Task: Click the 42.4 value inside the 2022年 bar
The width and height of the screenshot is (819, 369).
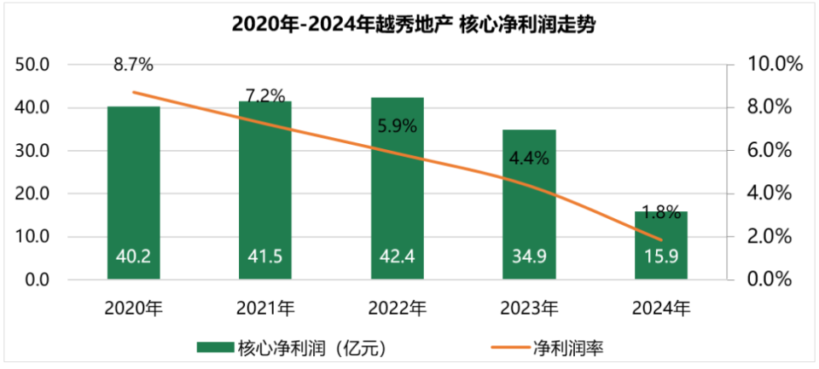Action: click(397, 256)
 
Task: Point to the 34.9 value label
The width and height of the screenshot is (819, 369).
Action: click(528, 256)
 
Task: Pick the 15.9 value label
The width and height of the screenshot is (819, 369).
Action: click(660, 256)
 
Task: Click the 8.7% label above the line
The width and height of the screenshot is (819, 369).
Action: click(133, 64)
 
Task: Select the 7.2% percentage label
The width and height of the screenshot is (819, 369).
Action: click(265, 95)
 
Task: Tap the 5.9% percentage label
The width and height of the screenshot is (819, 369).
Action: click(397, 127)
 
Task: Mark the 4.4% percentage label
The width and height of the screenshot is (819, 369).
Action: click(528, 158)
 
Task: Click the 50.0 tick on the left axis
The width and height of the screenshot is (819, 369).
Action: click(37, 65)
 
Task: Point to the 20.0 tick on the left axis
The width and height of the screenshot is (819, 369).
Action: click(37, 193)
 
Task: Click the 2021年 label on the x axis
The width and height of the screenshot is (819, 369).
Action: click(265, 308)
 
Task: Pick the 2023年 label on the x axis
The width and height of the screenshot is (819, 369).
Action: click(528, 308)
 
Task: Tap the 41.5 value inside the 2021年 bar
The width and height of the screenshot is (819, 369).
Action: click(265, 256)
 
